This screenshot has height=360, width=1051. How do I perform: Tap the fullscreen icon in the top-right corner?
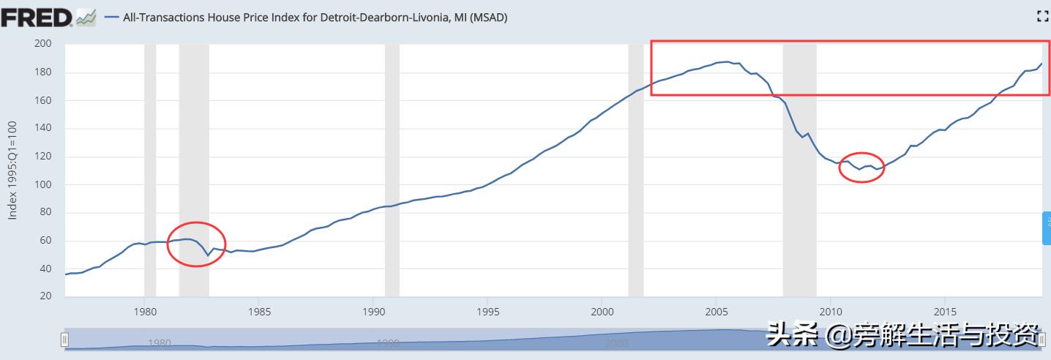[x=1044, y=16]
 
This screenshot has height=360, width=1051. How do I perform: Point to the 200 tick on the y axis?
[x=43, y=44]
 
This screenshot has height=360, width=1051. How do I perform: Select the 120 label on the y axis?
[x=43, y=157]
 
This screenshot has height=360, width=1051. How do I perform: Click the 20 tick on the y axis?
[x=45, y=296]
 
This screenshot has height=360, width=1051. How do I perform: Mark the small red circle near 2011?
[x=861, y=168]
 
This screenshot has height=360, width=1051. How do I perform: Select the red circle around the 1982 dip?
[x=196, y=244]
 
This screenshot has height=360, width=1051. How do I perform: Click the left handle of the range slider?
[x=64, y=340]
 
